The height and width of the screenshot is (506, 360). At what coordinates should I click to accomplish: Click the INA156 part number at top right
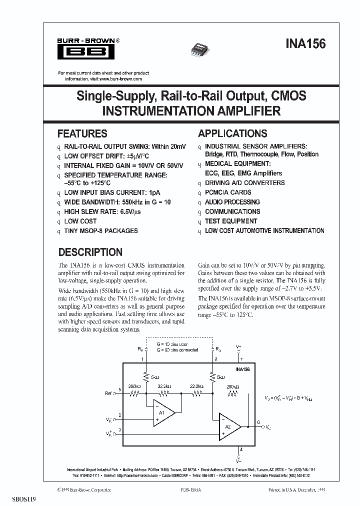click(x=306, y=44)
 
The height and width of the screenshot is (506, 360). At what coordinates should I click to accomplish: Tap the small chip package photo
click(x=200, y=47)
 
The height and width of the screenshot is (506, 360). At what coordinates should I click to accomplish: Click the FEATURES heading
click(x=82, y=133)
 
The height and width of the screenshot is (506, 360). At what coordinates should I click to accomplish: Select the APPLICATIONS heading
click(x=232, y=133)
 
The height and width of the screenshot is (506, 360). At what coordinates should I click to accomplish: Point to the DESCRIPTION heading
click(x=90, y=252)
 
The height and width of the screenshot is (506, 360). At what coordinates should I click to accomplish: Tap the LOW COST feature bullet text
click(x=80, y=221)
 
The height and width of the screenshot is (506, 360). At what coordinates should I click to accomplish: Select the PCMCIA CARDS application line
click(x=228, y=192)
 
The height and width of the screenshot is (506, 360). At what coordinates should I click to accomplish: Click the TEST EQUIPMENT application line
click(x=231, y=221)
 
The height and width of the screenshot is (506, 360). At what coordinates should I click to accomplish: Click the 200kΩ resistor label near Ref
click(x=134, y=386)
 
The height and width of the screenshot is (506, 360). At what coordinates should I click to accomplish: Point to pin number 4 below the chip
click(x=240, y=449)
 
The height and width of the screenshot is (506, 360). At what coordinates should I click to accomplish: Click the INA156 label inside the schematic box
click(x=242, y=368)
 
